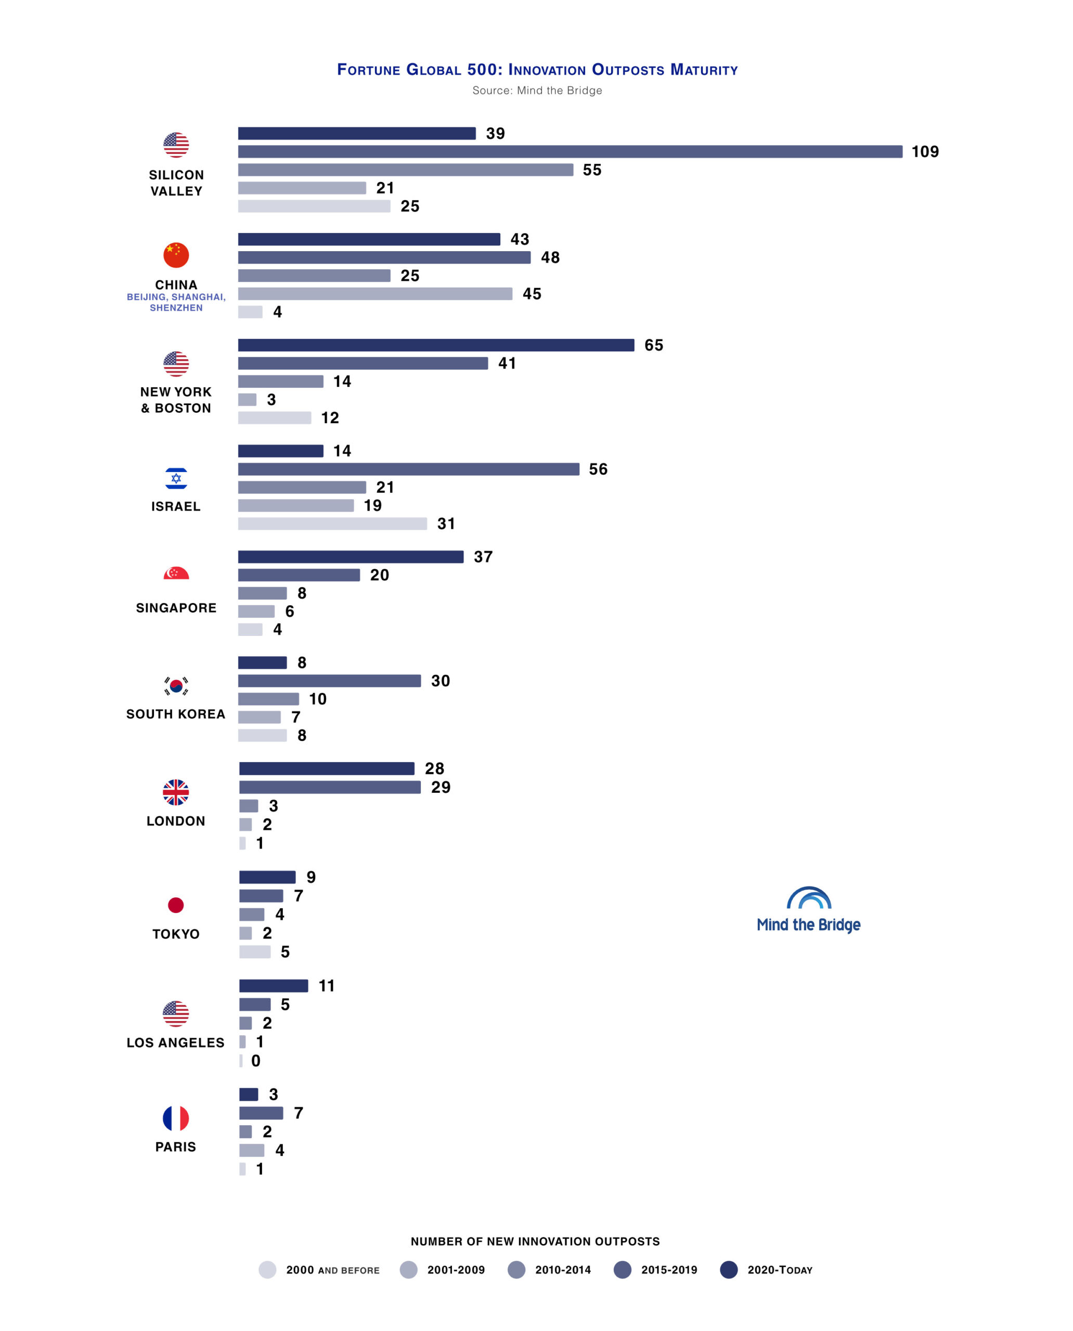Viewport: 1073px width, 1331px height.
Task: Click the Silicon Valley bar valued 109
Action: pyautogui.click(x=570, y=151)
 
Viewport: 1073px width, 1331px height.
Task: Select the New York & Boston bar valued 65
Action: pyautogui.click(x=436, y=345)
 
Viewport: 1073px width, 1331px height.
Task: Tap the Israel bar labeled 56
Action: pyautogui.click(x=409, y=469)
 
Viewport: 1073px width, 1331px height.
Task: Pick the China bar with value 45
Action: pyautogui.click(x=375, y=294)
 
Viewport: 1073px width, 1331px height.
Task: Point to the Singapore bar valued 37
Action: pyautogui.click(x=351, y=557)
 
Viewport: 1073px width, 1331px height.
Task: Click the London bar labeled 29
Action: pyautogui.click(x=329, y=787)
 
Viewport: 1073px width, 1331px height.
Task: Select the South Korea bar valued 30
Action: pyautogui.click(x=329, y=681)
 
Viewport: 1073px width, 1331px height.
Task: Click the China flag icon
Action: pyautogui.click(x=176, y=255)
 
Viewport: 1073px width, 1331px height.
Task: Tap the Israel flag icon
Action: pyautogui.click(x=176, y=478)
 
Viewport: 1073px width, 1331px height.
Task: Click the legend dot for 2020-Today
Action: pyautogui.click(x=729, y=1270)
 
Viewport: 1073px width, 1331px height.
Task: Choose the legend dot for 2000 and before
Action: pyautogui.click(x=267, y=1270)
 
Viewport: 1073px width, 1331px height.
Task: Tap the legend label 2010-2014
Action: pyautogui.click(x=562, y=1270)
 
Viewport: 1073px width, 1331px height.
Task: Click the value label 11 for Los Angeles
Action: pyautogui.click(x=326, y=986)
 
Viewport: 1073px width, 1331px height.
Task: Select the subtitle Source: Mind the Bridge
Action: pyautogui.click(x=537, y=90)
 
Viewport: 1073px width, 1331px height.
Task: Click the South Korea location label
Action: pyautogui.click(x=176, y=714)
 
